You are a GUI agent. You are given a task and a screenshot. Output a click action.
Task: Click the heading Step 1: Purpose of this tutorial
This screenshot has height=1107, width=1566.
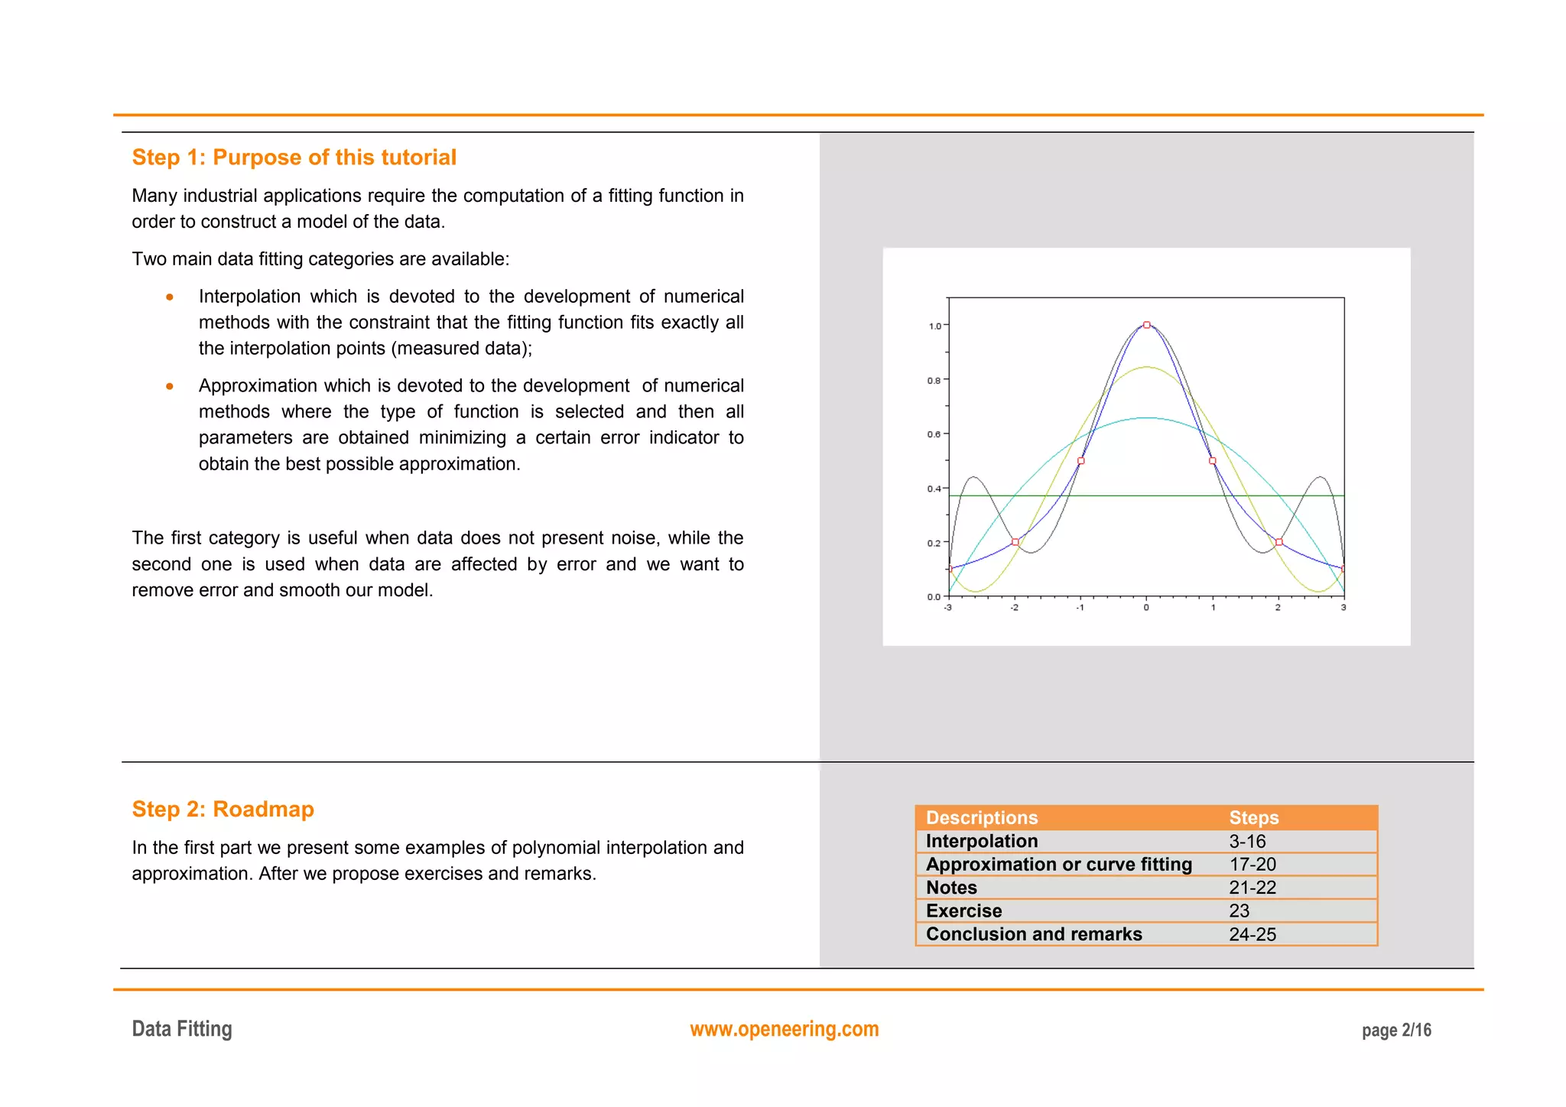tap(294, 157)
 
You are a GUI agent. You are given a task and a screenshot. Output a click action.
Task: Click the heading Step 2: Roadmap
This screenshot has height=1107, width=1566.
tap(223, 809)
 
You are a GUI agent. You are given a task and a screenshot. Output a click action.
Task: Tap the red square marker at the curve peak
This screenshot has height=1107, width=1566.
tap(1146, 325)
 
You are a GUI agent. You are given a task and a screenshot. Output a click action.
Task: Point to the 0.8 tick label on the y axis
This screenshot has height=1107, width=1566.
tap(934, 380)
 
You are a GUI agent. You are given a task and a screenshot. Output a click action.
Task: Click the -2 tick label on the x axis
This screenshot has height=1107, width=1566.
tap(1014, 608)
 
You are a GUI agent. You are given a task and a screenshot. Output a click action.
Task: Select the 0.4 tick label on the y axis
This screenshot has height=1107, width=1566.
tap(934, 489)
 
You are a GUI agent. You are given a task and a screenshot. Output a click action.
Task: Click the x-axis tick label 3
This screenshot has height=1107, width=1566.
tap(1343, 608)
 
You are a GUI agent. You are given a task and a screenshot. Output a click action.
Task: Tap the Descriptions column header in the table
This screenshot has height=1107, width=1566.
tap(982, 818)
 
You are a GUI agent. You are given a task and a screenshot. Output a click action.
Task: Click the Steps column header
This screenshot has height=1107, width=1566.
tap(1253, 818)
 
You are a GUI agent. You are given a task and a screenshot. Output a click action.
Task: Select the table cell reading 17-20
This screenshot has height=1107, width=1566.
tap(1252, 865)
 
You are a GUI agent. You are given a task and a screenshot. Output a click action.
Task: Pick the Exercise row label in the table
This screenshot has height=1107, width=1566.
tap(963, 911)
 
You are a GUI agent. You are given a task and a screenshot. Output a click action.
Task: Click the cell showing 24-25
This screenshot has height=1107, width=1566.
tap(1252, 934)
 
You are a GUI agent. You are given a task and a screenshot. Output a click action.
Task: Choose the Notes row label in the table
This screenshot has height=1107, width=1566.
tap(951, 888)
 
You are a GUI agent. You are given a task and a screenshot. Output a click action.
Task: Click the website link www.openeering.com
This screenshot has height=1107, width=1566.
tap(784, 1029)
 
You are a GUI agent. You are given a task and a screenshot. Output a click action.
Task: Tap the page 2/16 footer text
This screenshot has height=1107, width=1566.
tap(1395, 1031)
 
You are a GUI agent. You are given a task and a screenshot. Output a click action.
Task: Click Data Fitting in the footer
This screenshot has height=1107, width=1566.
tap(182, 1029)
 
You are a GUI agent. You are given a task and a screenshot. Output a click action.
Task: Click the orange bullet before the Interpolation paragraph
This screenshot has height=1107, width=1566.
tap(170, 297)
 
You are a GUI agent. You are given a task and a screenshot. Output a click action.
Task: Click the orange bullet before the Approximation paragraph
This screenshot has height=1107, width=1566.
tap(170, 386)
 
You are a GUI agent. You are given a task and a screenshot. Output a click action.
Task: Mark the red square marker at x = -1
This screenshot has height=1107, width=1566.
tap(1080, 461)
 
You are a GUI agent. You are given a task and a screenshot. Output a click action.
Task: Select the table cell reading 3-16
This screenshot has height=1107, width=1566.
tap(1247, 842)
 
